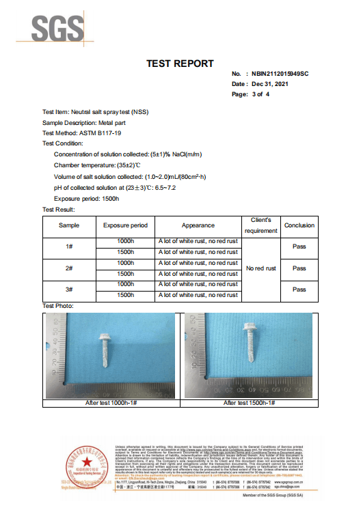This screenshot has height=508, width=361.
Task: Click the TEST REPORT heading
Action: (x=180, y=63)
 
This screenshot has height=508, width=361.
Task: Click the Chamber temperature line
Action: (x=96, y=165)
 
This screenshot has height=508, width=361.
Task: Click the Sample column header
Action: (x=68, y=225)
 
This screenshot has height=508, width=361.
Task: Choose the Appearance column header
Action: (x=198, y=225)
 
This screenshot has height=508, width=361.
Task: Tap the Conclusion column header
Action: (x=299, y=225)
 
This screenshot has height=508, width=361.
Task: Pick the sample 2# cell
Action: (x=68, y=268)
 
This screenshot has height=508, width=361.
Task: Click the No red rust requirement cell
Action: (x=260, y=268)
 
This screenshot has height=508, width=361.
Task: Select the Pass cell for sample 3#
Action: (x=299, y=290)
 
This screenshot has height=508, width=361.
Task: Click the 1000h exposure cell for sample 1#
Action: (x=125, y=242)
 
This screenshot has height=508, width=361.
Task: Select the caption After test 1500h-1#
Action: (x=249, y=404)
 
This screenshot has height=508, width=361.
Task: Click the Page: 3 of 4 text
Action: (x=251, y=94)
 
